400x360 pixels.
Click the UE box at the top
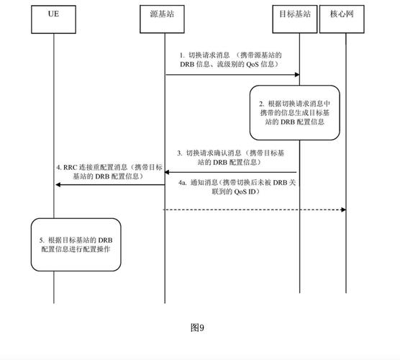[53, 14]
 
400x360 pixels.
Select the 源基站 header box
[164, 14]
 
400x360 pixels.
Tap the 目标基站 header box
[298, 14]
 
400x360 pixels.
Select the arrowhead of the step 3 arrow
[168, 172]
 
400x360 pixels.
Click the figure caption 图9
[198, 328]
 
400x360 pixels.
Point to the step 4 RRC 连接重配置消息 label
[108, 172]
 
